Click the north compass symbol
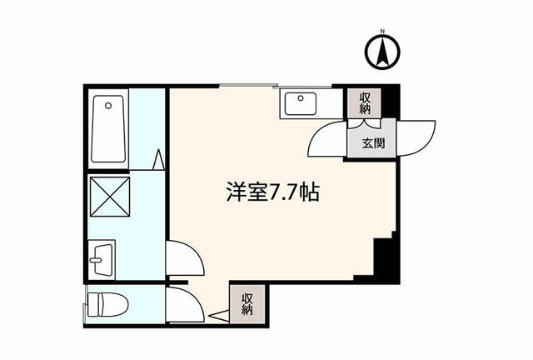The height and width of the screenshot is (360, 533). (x=381, y=54)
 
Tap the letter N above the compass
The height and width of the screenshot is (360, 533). (x=381, y=33)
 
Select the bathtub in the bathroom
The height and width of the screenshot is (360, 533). (x=109, y=129)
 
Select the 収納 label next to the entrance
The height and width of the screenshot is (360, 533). (x=364, y=103)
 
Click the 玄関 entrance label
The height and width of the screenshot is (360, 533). (x=372, y=142)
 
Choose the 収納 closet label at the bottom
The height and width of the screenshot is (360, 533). (x=247, y=303)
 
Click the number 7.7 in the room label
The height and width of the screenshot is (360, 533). (x=286, y=193)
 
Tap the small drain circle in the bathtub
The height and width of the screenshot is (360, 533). (x=109, y=106)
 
